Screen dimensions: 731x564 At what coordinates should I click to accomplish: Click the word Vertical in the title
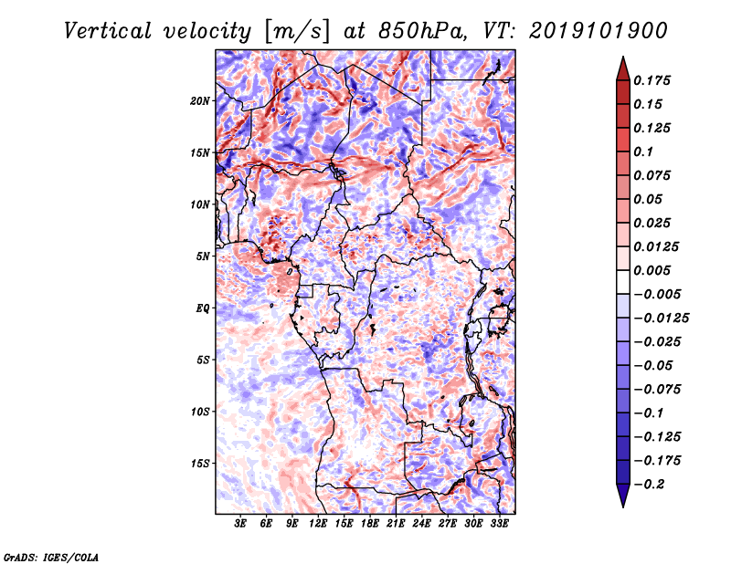108,31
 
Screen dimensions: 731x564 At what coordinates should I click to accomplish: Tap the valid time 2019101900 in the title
599,31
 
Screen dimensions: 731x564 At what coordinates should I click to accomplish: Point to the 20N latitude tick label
199,101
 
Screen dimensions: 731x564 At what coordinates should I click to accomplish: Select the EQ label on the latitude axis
202,308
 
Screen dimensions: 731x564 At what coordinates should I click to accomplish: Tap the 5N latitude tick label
202,256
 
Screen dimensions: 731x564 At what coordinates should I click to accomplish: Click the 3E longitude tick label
240,524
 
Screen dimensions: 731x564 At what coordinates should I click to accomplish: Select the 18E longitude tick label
370,524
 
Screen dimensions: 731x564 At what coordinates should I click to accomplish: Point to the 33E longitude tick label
499,524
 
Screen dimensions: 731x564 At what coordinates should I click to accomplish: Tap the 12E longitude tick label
318,524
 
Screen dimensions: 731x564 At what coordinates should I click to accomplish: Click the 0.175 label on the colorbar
652,80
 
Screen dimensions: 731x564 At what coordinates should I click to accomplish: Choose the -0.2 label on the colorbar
649,485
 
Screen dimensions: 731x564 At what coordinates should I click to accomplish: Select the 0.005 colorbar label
652,270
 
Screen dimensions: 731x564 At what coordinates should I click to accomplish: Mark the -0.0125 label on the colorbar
661,319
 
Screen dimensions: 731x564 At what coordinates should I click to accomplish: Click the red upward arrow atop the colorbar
623,69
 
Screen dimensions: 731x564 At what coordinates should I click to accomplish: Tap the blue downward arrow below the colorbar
623,496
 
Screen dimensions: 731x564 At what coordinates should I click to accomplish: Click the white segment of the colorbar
623,282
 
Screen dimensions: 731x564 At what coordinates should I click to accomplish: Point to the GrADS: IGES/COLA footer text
51,557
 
